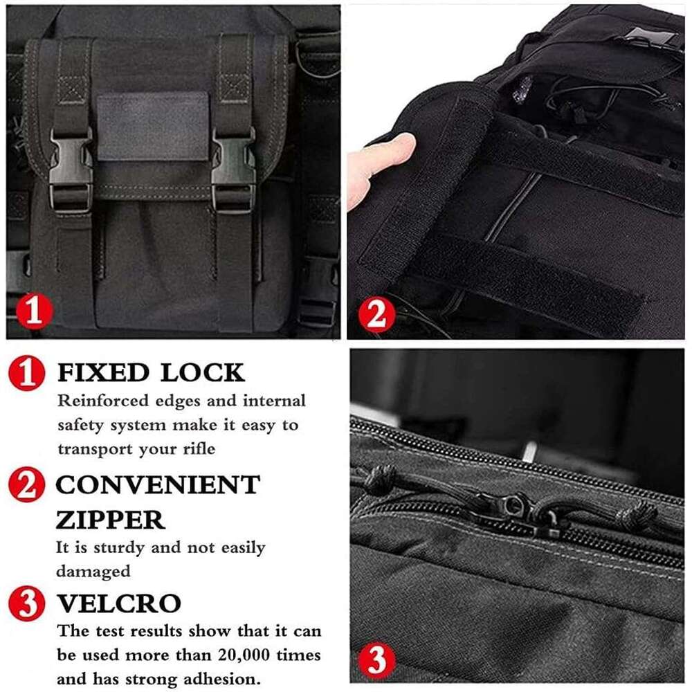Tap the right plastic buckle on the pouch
[233, 168]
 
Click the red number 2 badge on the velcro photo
[377, 316]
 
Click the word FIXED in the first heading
[103, 373]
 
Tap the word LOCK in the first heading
[203, 373]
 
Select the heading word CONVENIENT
[158, 485]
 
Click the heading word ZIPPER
[110, 519]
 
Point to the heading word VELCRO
[118, 603]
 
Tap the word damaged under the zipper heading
[93, 572]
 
